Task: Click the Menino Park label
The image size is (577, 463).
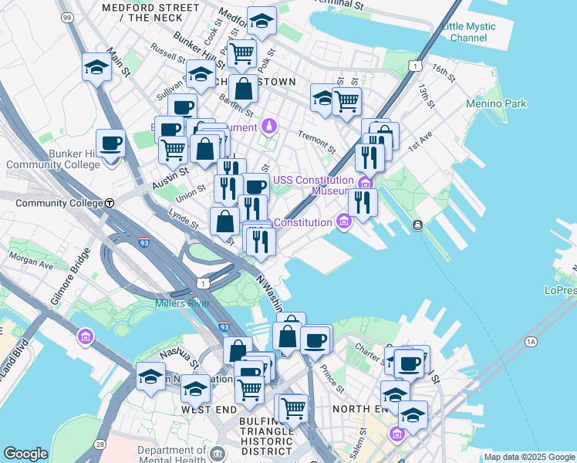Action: pyautogui.click(x=496, y=103)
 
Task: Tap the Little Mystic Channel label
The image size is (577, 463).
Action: pyautogui.click(x=468, y=32)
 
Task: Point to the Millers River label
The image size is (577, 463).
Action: pyautogui.click(x=182, y=303)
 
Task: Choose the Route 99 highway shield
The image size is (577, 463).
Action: pyautogui.click(x=66, y=17)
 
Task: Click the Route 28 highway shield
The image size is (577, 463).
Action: pyautogui.click(x=100, y=444)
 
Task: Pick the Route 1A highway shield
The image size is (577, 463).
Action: pyautogui.click(x=531, y=340)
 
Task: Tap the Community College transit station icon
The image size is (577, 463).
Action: pyautogui.click(x=110, y=203)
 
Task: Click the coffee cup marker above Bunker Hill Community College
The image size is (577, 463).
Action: pyautogui.click(x=110, y=144)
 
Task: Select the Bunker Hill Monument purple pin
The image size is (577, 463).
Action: pyautogui.click(x=269, y=125)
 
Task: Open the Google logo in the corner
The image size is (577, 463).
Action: pyautogui.click(x=25, y=454)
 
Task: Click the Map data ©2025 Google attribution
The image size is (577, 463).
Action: pyautogui.click(x=529, y=458)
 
